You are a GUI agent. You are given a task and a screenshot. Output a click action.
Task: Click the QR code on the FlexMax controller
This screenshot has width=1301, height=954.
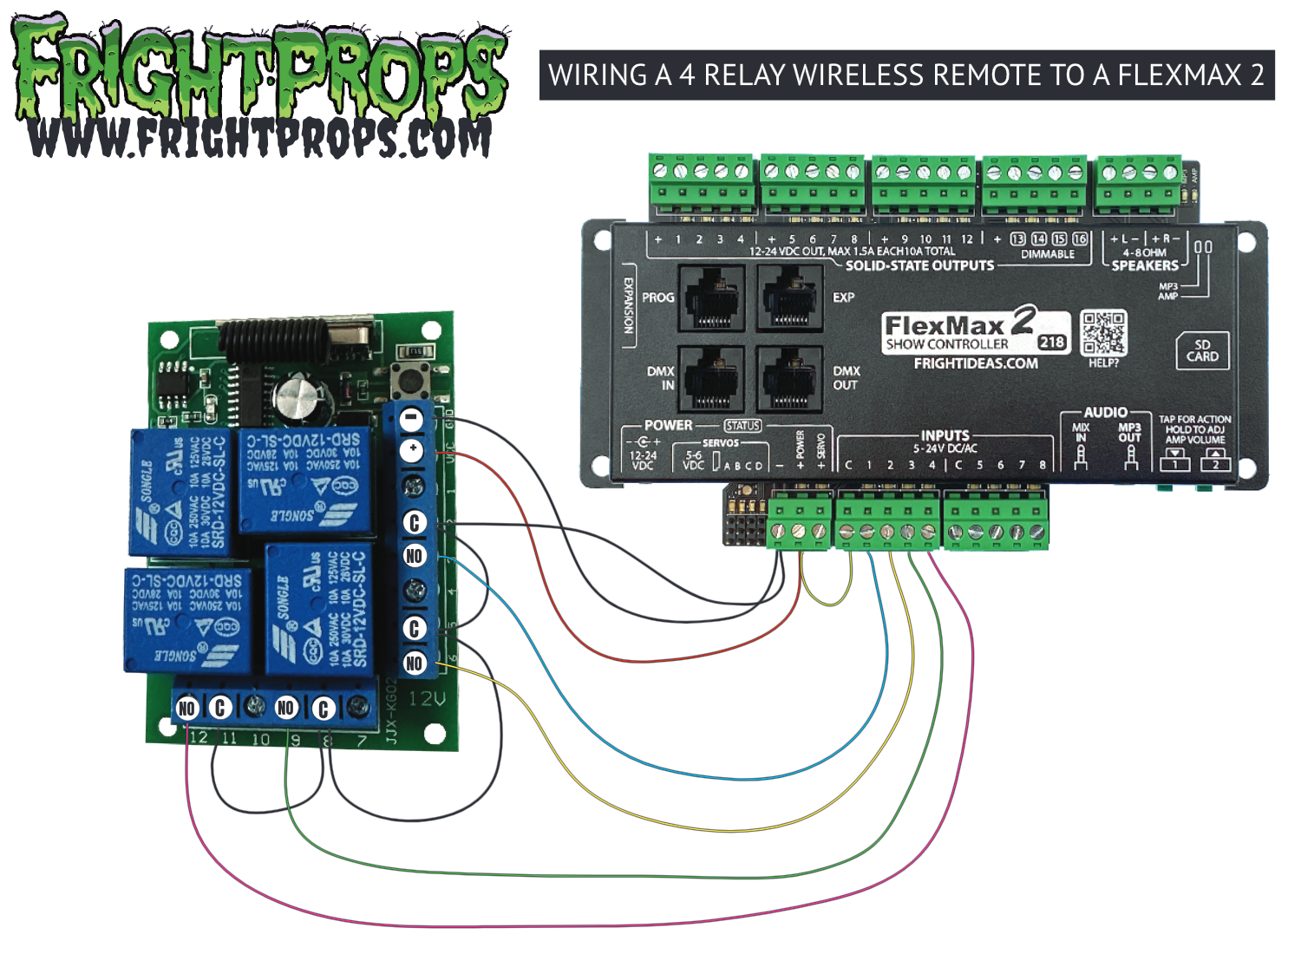(1103, 333)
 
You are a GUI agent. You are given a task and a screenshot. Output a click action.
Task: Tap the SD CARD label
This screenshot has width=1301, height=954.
(1202, 350)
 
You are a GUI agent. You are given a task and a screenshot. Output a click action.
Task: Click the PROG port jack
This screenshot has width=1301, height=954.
(711, 298)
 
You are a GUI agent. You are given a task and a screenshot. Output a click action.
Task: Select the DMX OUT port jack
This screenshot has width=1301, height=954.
(789, 378)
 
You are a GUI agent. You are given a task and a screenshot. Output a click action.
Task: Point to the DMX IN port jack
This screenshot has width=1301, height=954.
(711, 378)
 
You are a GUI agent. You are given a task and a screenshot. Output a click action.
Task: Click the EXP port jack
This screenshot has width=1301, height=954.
(789, 298)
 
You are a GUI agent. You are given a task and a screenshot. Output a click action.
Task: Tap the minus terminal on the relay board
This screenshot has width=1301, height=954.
(413, 419)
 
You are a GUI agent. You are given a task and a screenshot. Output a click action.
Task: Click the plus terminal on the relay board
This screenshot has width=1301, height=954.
(413, 450)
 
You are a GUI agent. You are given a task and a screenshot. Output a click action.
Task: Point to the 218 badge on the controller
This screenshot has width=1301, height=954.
(1051, 342)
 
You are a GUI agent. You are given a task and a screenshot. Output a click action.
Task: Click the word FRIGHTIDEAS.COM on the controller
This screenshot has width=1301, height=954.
(976, 363)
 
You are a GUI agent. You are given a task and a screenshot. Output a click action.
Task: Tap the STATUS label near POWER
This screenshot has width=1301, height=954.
(742, 426)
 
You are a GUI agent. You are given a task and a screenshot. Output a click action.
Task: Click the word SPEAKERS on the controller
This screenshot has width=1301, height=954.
(1145, 265)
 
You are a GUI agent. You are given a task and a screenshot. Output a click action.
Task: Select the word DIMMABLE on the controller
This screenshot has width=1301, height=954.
(1047, 254)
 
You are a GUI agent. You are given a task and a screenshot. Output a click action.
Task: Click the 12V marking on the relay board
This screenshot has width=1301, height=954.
(427, 699)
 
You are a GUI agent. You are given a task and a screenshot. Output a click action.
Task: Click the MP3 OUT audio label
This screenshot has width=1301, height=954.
(1129, 433)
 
